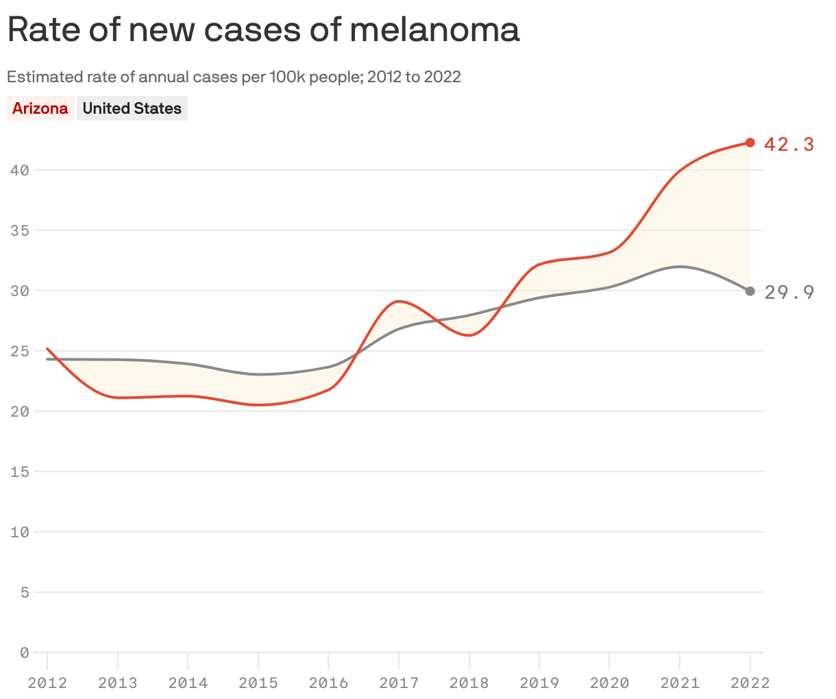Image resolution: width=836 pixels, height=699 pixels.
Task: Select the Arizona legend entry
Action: pos(40,108)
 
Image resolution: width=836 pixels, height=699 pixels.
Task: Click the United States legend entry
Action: pos(132,108)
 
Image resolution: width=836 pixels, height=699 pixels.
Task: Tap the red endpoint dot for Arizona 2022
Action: pos(750,143)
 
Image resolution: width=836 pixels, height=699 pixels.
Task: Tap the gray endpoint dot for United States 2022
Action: pos(750,291)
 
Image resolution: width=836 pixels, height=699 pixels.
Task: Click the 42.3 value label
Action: pos(789,144)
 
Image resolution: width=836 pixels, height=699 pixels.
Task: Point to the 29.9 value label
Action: pos(789,293)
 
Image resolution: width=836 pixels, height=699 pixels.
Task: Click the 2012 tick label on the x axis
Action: pos(47,683)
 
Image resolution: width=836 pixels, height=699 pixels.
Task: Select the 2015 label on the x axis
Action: pos(258,683)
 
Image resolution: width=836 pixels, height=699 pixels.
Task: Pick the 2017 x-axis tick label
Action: pos(399,683)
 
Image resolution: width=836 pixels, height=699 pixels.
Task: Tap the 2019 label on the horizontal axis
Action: pos(539,683)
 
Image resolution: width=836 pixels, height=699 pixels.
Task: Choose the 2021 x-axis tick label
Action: pos(680,683)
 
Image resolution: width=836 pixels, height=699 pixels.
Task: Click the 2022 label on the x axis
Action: pos(750,683)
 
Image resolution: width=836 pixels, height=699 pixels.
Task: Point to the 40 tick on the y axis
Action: pos(20,170)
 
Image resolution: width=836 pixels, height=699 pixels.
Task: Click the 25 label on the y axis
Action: pos(20,351)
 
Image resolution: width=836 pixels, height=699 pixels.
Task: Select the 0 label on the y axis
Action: pos(25,652)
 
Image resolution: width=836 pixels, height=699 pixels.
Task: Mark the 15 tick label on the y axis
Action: pos(20,471)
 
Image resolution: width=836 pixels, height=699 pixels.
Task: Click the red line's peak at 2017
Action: pos(399,301)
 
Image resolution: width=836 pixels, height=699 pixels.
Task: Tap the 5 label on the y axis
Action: pos(25,592)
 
